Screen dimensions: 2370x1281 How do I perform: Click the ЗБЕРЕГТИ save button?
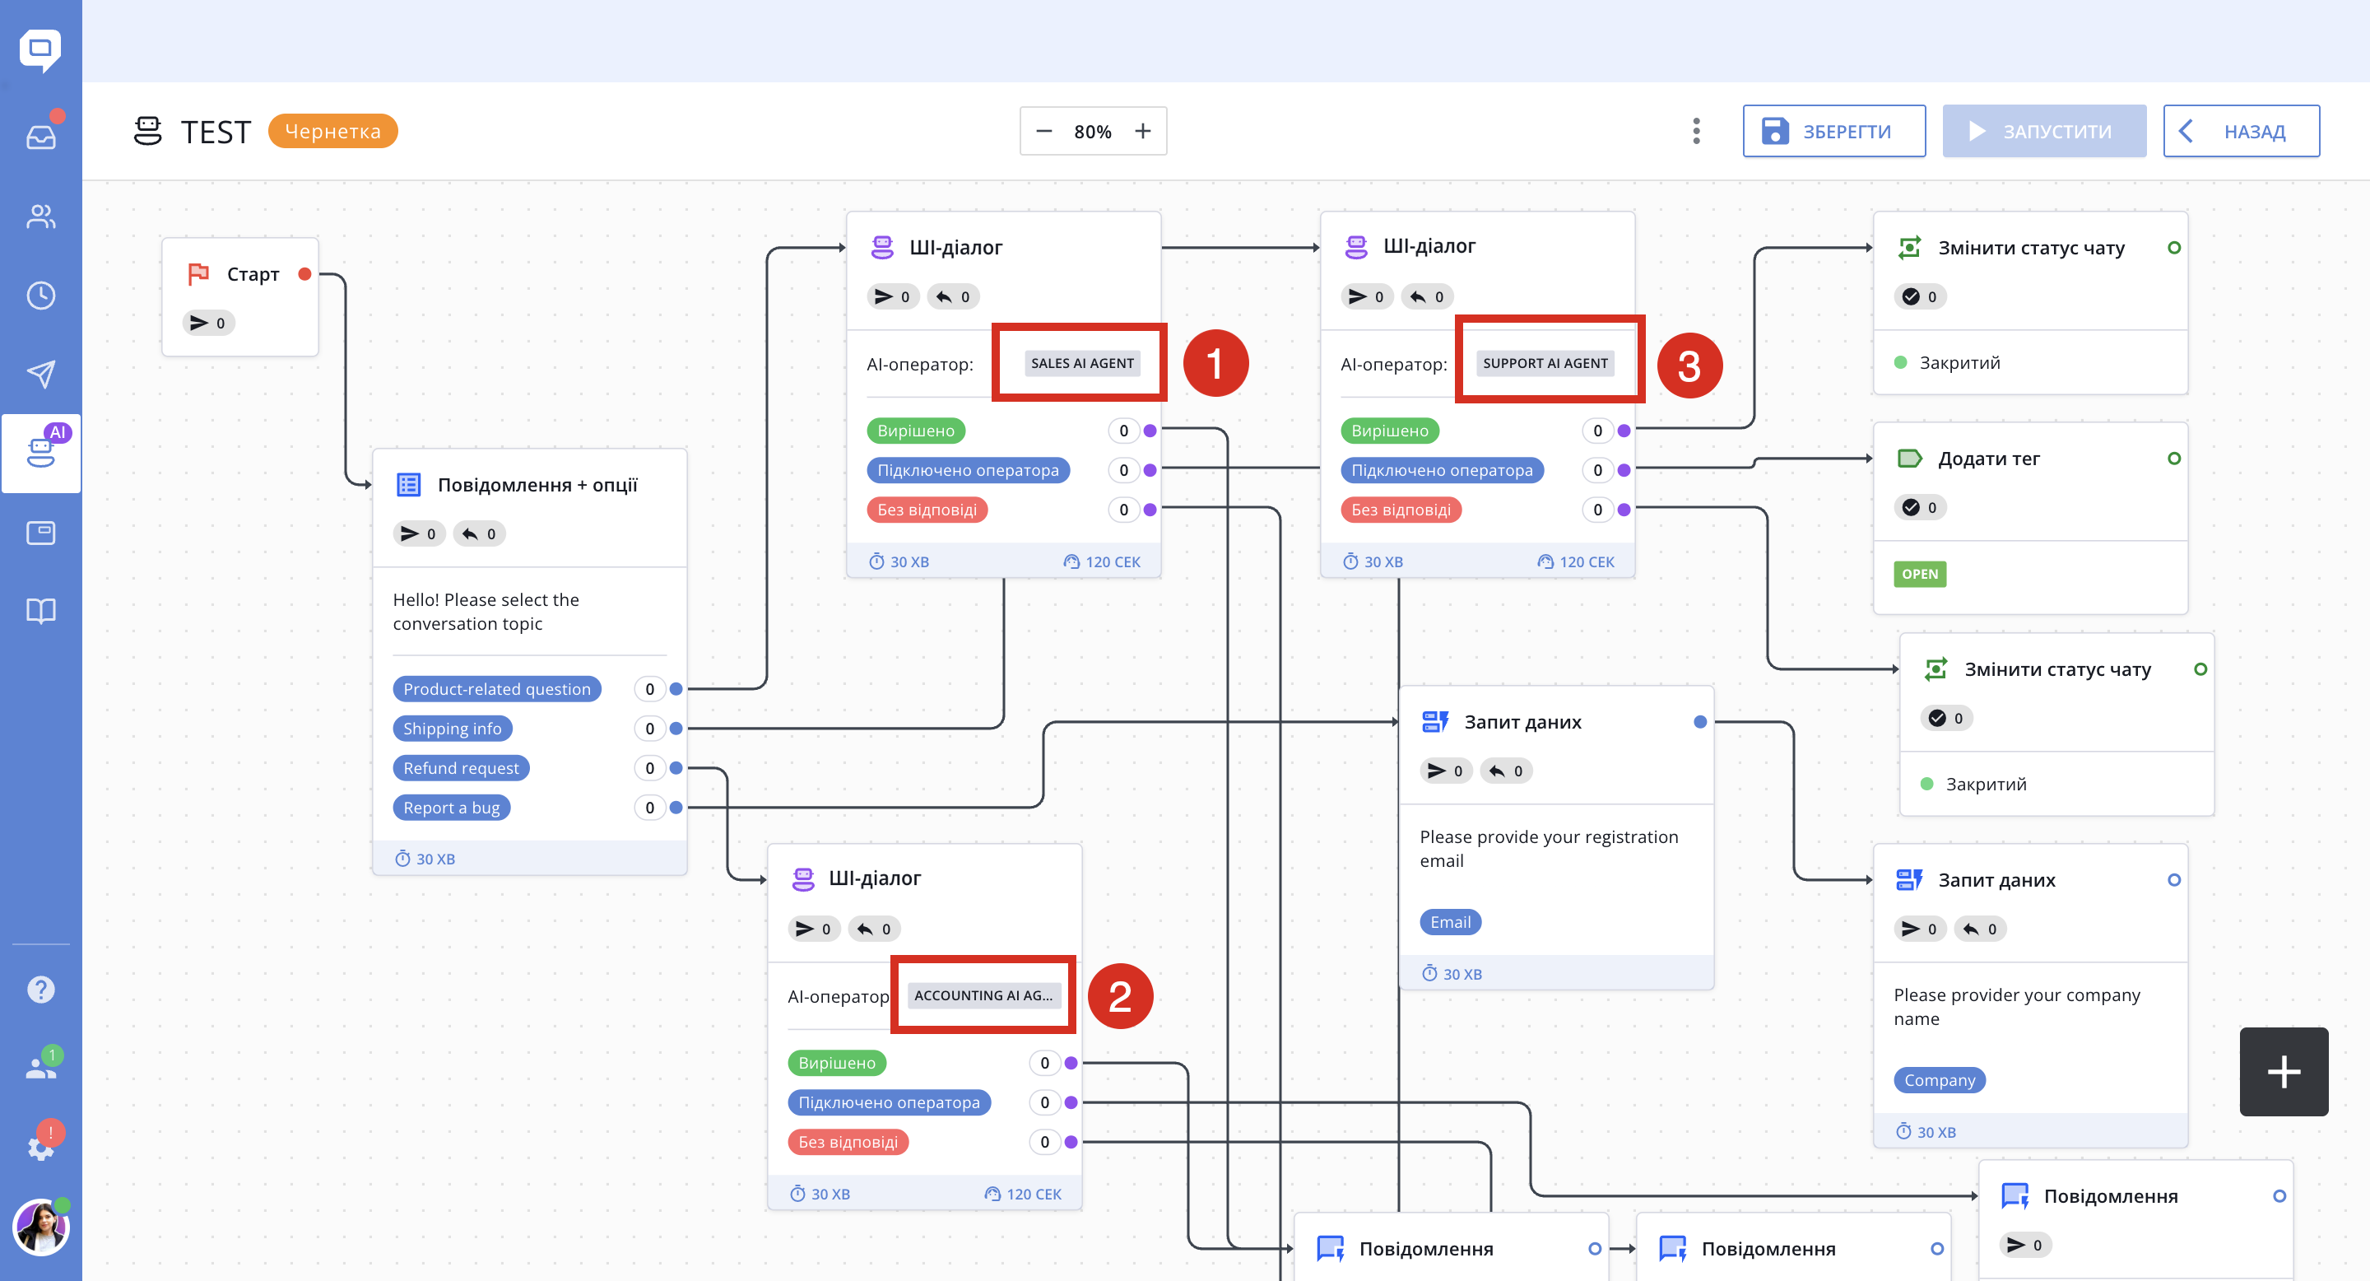(1833, 132)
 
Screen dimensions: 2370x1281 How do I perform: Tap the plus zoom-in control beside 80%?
(1143, 132)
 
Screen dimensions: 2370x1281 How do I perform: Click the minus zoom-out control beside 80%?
(1044, 132)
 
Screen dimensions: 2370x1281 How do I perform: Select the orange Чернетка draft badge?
(333, 131)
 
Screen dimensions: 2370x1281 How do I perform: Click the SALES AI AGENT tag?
(1082, 362)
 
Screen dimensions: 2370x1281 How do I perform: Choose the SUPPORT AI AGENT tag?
(1545, 362)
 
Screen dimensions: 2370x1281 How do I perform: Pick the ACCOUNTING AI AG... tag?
(983, 995)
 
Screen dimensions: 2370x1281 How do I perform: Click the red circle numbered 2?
(1120, 995)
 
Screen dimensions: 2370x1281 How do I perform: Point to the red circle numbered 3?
(1689, 366)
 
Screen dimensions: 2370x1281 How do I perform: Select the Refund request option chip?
(461, 767)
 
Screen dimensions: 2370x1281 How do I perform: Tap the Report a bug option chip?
(452, 807)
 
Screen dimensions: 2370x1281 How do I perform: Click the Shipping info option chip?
(453, 728)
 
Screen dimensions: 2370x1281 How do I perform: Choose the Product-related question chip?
(497, 688)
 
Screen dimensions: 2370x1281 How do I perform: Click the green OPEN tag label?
(1920, 573)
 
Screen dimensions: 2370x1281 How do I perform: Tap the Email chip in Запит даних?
(1451, 921)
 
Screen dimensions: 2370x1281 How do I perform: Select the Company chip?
(1940, 1079)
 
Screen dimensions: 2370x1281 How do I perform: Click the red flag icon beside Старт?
(197, 273)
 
